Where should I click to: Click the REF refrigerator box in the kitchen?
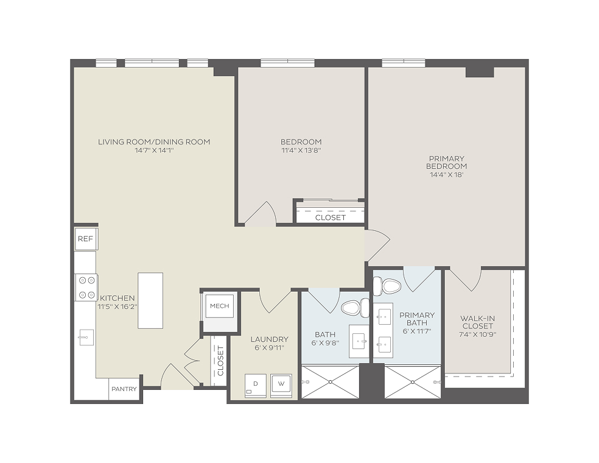86,239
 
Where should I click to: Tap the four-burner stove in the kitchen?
86,288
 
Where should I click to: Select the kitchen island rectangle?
150,300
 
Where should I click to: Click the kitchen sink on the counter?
86,338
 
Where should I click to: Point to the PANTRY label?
124,389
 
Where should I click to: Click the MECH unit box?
220,306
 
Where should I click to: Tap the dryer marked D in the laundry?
255,386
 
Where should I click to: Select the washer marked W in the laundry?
281,386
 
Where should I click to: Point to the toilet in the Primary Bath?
387,286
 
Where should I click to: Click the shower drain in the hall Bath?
331,382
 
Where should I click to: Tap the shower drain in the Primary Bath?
413,382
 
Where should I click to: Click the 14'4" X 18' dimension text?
447,175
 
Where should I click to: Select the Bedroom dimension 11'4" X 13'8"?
301,150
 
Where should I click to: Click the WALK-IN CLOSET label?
477,322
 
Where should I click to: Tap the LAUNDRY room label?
269,339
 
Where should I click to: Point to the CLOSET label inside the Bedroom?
331,217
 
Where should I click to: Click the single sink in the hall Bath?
360,341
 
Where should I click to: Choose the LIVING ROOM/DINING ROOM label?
154,142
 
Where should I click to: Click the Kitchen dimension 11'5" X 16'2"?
117,306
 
